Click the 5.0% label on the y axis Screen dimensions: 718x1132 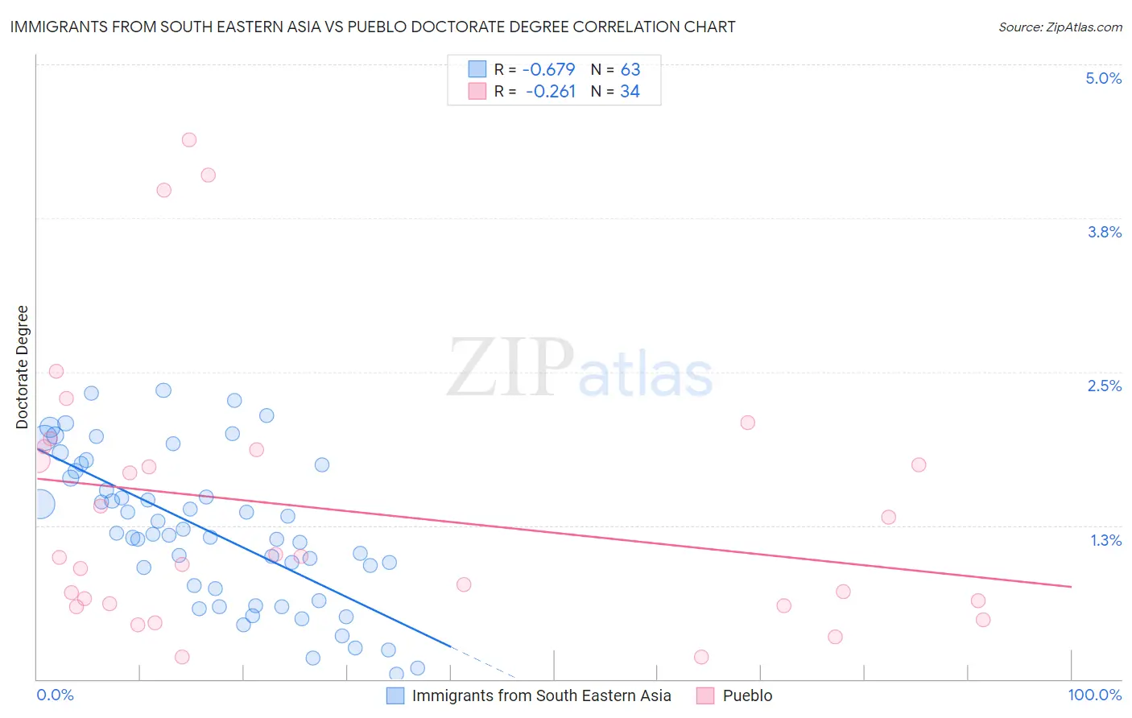pos(1103,78)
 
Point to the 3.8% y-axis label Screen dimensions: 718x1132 pos(1104,232)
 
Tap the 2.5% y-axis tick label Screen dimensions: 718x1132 pos(1104,386)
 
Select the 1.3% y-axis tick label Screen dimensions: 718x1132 pos(1105,540)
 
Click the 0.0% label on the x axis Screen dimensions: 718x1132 pos(55,695)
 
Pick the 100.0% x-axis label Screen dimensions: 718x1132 pos(1094,695)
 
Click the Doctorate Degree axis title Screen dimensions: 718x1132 pos(22,367)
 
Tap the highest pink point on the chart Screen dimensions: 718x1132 pos(189,140)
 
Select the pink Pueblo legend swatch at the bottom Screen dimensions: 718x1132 pos(705,695)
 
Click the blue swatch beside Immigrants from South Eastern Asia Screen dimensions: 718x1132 pos(395,695)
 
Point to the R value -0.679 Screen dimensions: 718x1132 pos(549,69)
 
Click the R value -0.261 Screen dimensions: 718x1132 pos(551,92)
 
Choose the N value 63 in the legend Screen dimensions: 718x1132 pos(630,69)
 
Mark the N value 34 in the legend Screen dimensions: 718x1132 pos(630,92)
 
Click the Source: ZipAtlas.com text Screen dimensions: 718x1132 pos(1060,27)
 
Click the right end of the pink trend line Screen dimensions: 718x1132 pos(1071,587)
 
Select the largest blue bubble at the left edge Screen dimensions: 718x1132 pos(39,505)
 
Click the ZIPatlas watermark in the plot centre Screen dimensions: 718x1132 pos(580,369)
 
